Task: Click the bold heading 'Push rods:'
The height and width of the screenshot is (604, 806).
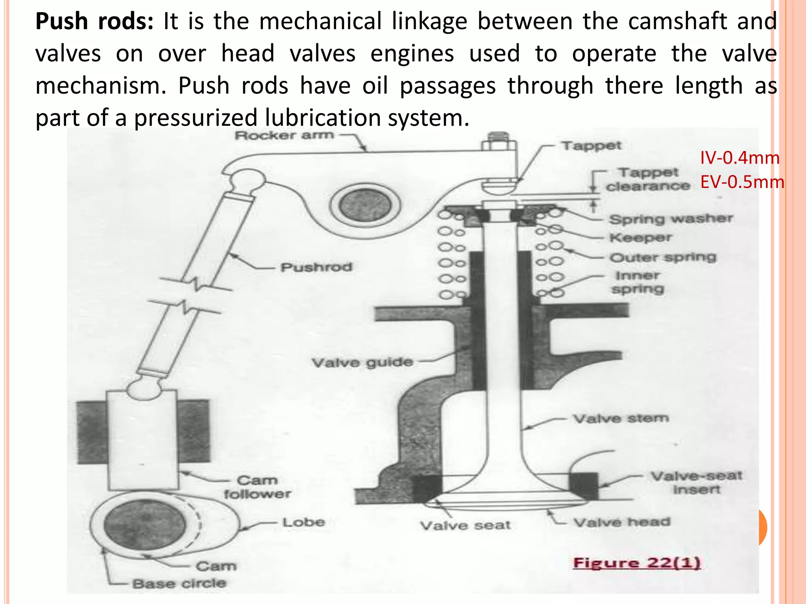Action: (94, 22)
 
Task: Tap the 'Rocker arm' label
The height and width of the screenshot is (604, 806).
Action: (284, 136)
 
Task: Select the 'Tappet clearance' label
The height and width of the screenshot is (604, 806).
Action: (648, 179)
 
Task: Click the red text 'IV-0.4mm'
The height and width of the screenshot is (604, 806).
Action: (739, 158)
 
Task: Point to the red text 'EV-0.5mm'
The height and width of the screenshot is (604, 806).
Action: (742, 182)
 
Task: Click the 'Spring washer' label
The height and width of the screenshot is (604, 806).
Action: (671, 219)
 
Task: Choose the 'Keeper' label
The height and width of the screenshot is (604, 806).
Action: (641, 238)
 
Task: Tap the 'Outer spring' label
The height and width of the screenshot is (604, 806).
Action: (663, 258)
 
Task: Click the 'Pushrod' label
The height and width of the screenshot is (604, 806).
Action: (316, 267)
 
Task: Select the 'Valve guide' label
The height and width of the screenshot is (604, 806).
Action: (362, 362)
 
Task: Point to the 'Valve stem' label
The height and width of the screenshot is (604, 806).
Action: (621, 418)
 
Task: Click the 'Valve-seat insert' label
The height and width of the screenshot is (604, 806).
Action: (696, 482)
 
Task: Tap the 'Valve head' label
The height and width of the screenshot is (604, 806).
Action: (622, 522)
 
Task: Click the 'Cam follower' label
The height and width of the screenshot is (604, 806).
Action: (257, 487)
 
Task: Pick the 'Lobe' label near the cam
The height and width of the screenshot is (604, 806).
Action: (303, 522)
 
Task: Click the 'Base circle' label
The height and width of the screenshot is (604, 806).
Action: (179, 583)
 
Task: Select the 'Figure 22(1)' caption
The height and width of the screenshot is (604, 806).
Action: (637, 563)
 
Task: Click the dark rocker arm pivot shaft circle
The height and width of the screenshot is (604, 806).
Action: (365, 206)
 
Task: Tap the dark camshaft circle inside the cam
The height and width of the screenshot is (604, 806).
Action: (145, 525)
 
